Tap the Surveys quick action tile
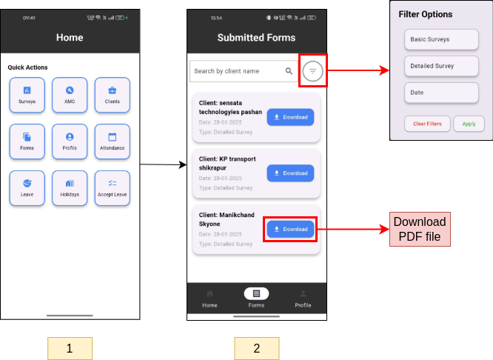coord(27,95)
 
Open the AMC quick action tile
coord(70,95)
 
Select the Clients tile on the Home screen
coord(113,95)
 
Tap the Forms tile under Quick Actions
coord(27,141)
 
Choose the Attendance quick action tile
coord(113,141)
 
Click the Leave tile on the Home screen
coord(27,187)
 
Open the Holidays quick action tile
coord(70,187)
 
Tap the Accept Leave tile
coord(113,187)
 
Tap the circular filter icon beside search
coord(312,71)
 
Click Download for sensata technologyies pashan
coord(290,117)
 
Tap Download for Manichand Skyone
coord(290,229)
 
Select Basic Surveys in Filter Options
coord(441,39)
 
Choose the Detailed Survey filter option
coord(441,66)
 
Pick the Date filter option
coord(441,93)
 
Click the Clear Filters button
coord(427,124)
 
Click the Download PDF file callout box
coord(420,229)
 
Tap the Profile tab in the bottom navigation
coord(303,299)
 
